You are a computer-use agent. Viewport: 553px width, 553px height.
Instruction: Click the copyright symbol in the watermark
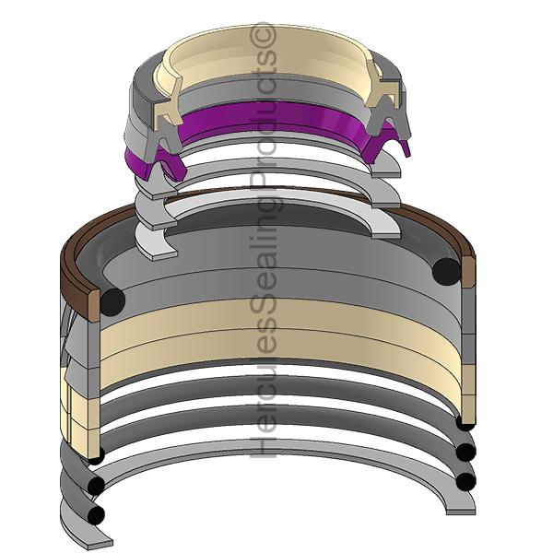[x=263, y=35]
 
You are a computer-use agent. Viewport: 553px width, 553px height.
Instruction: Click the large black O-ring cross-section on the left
[x=112, y=301]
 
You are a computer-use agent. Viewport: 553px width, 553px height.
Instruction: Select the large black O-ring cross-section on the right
[x=446, y=272]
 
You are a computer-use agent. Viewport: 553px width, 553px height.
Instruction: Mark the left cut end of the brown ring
[x=94, y=304]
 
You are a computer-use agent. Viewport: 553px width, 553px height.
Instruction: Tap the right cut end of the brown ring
[x=468, y=271]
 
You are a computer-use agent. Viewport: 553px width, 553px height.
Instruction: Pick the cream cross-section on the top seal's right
[x=382, y=88]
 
